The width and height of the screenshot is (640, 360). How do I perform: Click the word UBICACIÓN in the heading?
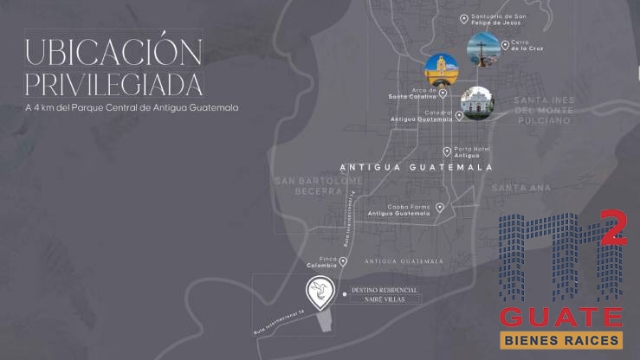click(x=113, y=51)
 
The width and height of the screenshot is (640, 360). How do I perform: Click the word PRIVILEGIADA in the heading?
click(x=113, y=85)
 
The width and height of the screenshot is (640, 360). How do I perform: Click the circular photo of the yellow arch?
click(x=441, y=70)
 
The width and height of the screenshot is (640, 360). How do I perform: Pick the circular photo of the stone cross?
click(x=482, y=50)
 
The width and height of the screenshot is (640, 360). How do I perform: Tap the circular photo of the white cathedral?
click(x=477, y=102)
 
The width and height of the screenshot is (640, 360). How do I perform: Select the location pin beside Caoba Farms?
click(x=440, y=208)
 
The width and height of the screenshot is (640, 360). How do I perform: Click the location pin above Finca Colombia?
click(x=343, y=260)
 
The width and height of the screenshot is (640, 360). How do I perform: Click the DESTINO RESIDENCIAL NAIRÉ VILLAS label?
click(x=385, y=294)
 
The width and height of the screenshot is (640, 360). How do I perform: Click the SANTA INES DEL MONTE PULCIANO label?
click(x=543, y=111)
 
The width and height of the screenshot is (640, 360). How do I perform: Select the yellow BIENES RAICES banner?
click(x=561, y=340)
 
